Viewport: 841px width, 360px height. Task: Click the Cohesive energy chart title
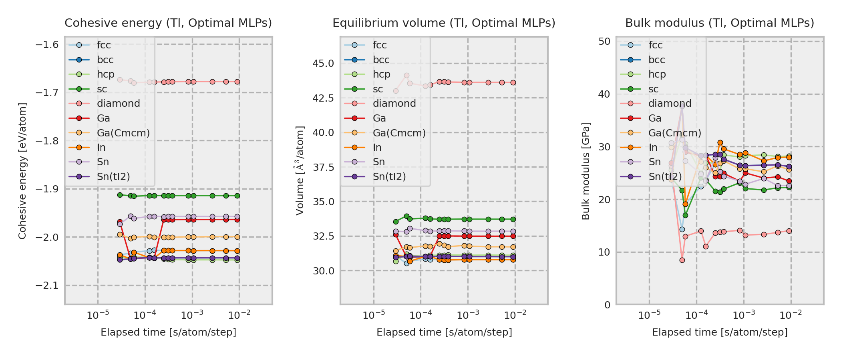(x=168, y=23)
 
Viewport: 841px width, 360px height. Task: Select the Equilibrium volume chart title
(x=444, y=23)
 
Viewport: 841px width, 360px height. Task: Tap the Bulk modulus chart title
(x=720, y=23)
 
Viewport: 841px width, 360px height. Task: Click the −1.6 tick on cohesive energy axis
(x=47, y=44)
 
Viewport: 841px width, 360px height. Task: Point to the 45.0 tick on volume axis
(x=323, y=64)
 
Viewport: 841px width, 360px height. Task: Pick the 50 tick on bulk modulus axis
(x=605, y=41)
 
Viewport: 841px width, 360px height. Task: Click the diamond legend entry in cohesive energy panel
(x=118, y=104)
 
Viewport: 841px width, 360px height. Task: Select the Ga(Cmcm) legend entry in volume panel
(x=399, y=133)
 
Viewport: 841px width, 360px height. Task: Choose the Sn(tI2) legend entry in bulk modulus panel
(x=665, y=177)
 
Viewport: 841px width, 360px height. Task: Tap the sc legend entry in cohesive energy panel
(x=102, y=89)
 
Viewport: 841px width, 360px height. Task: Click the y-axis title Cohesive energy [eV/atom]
(x=22, y=171)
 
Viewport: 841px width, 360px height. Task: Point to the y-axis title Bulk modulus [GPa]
(x=586, y=171)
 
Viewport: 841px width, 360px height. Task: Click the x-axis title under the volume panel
(x=444, y=332)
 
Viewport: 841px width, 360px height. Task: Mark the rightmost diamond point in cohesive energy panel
(x=237, y=82)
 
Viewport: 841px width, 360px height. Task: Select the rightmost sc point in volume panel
(x=513, y=219)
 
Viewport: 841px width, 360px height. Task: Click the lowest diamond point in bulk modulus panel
(x=682, y=260)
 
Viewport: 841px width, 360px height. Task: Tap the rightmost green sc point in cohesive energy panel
(x=237, y=196)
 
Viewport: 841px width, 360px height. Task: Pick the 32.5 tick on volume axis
(x=323, y=236)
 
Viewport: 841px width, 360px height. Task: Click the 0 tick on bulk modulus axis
(x=608, y=305)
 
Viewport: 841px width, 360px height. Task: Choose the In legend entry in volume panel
(x=377, y=148)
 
